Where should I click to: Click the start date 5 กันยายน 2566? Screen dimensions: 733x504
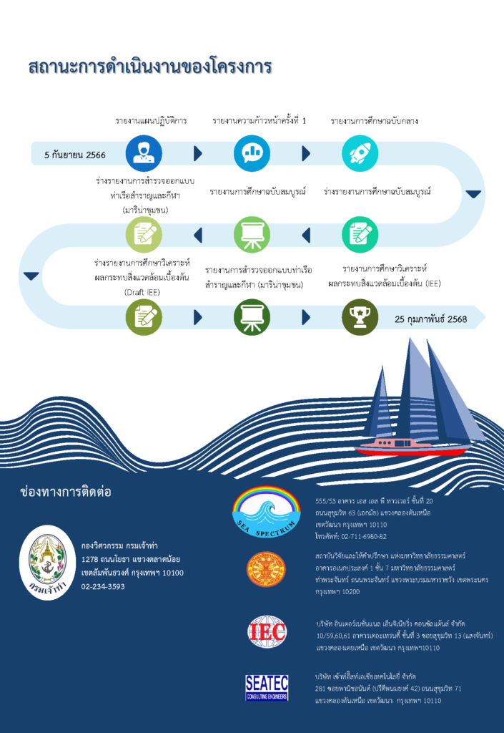75,155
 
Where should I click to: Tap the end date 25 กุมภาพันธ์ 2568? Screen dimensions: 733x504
430,319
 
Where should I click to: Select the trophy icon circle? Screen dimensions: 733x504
360,316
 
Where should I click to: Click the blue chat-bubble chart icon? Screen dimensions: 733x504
252,153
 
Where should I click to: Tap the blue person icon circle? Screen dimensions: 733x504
144,153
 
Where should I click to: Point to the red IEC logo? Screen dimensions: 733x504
267,631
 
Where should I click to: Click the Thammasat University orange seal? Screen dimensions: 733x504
267,570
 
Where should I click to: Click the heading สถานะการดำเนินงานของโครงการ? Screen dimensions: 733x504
150,67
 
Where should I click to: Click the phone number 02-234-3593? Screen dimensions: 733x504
103,586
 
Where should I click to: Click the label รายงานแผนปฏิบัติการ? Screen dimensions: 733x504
151,120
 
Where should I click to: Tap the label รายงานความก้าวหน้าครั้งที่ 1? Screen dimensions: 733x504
258,120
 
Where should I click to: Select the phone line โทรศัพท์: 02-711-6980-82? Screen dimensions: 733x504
351,536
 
